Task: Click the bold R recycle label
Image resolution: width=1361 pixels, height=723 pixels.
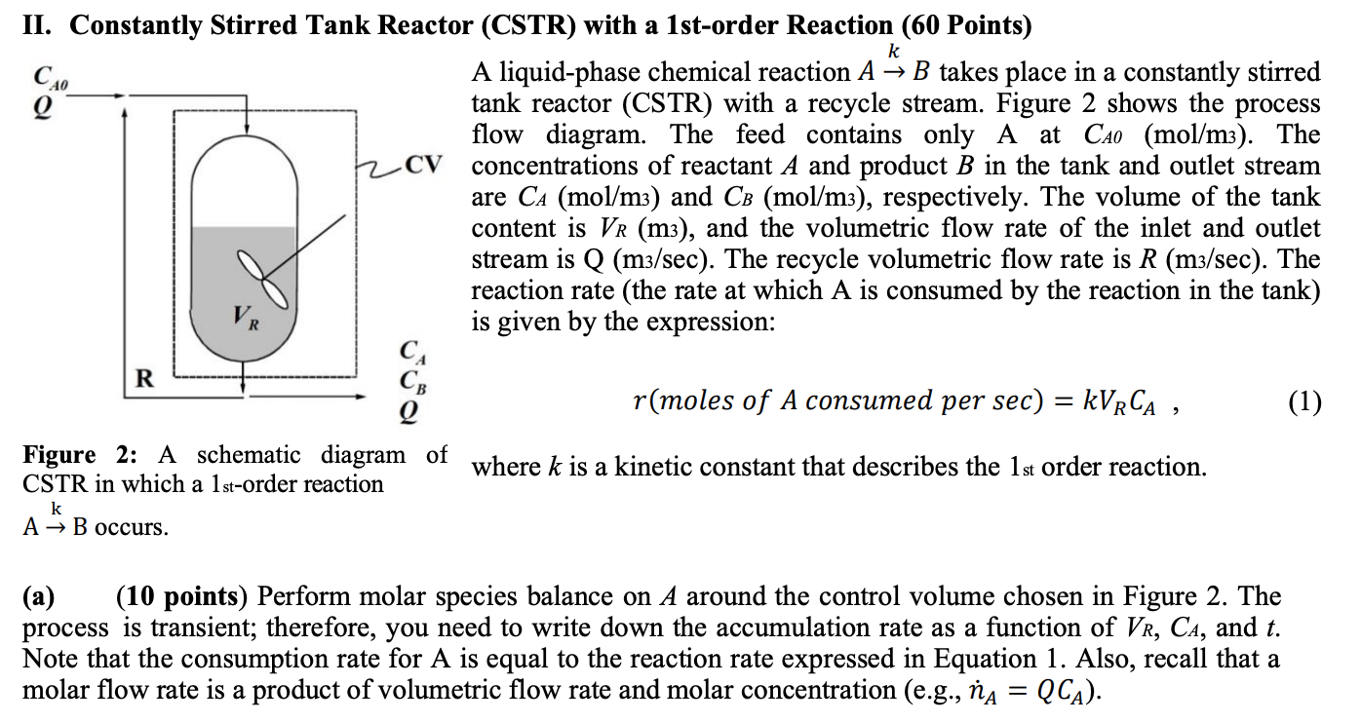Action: [x=142, y=379]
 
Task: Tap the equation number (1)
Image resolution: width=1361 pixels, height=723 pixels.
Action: [x=1303, y=401]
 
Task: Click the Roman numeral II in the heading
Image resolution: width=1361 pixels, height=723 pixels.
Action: [x=37, y=26]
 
